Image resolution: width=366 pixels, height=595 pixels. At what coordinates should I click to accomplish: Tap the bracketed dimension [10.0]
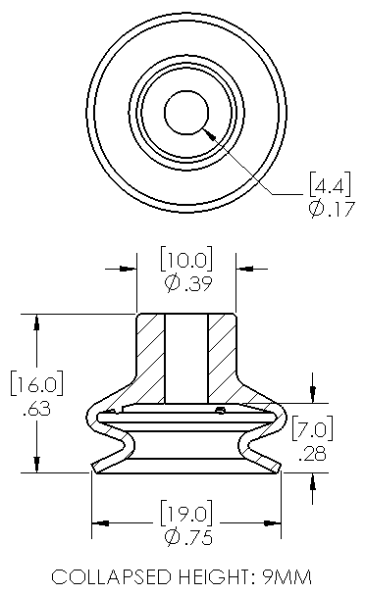click(185, 261)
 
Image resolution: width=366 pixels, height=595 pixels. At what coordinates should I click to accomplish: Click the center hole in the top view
click(184, 114)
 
